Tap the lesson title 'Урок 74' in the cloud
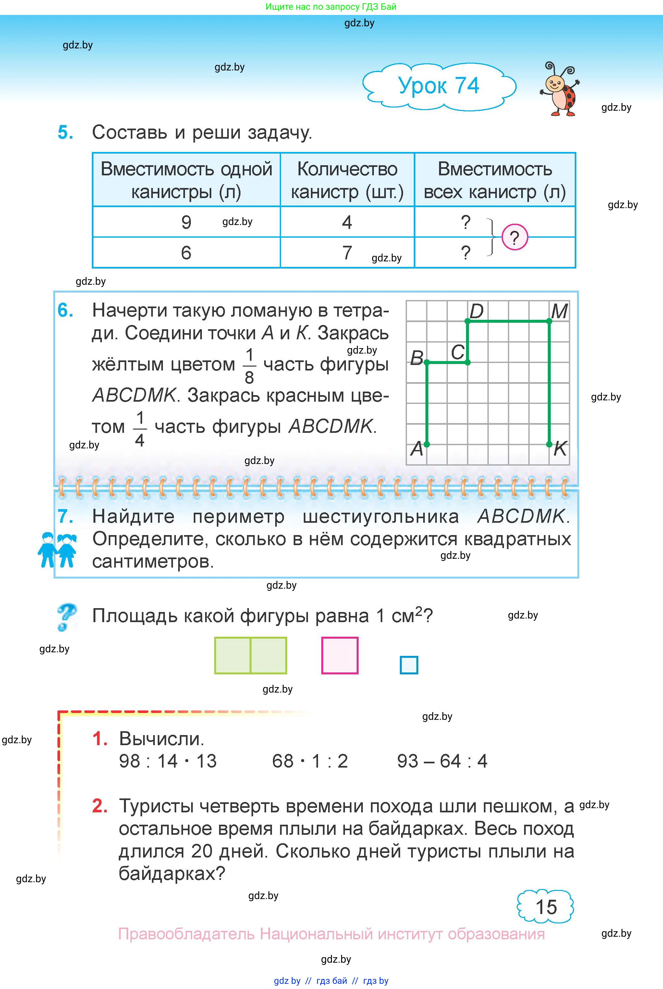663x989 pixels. [x=438, y=86]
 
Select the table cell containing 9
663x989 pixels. [x=186, y=222]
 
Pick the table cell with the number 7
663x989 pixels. [x=347, y=253]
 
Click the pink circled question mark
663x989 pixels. [x=515, y=238]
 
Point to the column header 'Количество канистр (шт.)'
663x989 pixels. [x=347, y=180]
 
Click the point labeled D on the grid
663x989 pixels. [x=467, y=321]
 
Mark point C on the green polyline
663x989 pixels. [x=467, y=363]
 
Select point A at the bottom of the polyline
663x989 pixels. [x=427, y=444]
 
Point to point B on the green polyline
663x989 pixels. [x=427, y=363]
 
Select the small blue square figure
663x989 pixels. [x=409, y=665]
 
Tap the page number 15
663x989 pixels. [x=546, y=907]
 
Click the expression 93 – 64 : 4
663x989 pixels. [x=442, y=761]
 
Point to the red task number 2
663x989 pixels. [x=99, y=806]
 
